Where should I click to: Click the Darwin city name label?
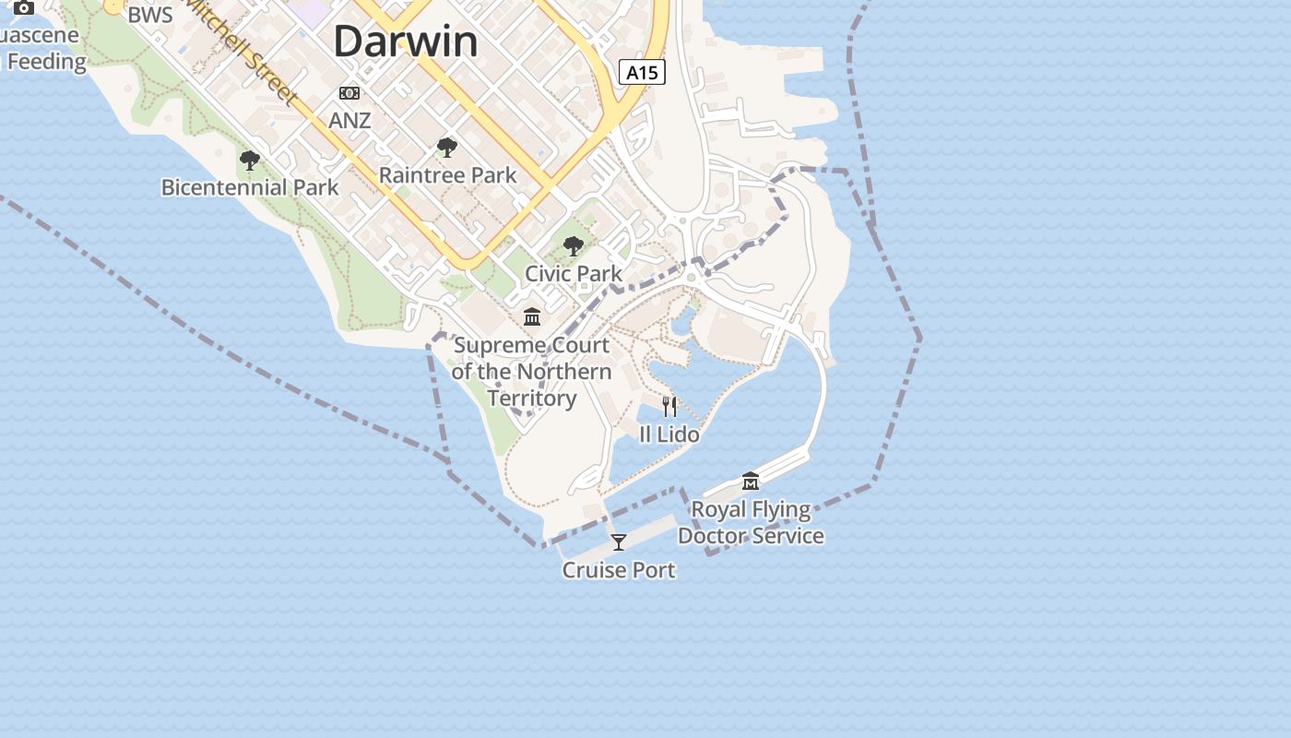406,42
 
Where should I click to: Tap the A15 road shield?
642,72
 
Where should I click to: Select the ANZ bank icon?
349,93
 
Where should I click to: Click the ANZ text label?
349,120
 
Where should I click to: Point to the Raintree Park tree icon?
447,148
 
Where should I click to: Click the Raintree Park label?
447,174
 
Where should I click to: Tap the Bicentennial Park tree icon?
249,161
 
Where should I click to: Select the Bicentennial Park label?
250,187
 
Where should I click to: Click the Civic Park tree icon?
574,246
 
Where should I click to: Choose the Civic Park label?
574,273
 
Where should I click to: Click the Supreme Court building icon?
532,317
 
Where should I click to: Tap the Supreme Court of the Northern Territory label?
531,371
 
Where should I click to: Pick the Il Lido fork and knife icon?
669,406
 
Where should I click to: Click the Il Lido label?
669,434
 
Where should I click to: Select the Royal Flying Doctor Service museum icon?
751,482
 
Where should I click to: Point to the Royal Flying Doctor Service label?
751,522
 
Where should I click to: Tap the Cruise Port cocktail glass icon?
619,542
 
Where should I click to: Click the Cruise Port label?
619,570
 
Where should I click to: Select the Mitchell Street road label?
244,51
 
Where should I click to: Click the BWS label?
150,15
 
